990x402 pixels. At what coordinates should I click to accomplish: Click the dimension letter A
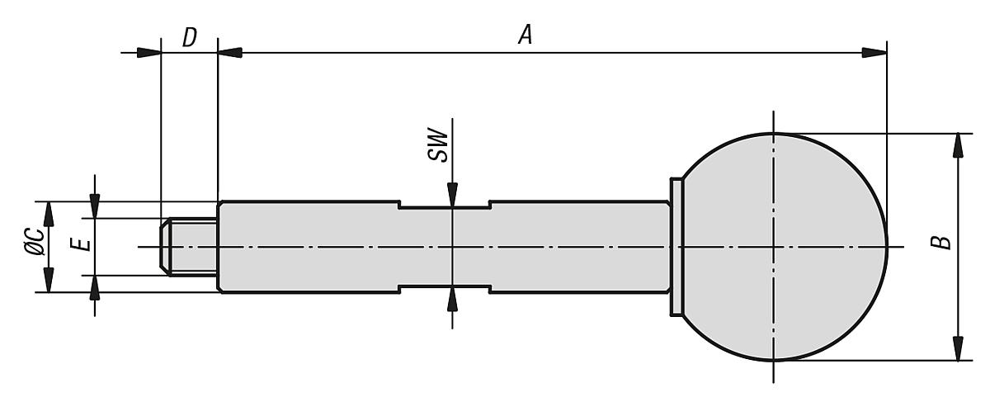point(526,35)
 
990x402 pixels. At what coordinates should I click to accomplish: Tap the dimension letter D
point(190,37)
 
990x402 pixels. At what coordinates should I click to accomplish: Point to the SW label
point(438,144)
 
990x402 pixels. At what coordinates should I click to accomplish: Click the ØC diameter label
point(35,242)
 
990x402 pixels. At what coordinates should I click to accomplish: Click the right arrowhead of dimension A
point(874,53)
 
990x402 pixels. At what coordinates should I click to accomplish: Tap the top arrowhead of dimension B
point(958,145)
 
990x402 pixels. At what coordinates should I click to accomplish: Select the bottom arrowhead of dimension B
point(958,348)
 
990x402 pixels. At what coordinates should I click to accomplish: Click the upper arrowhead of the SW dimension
point(452,195)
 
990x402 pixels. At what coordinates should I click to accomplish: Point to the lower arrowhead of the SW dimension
point(452,299)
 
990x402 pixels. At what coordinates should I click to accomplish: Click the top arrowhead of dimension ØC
point(49,214)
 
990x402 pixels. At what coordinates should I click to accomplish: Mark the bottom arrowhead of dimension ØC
point(49,280)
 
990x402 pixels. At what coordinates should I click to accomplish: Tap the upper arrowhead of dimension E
point(95,206)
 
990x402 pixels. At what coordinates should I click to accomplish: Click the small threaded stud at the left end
point(189,247)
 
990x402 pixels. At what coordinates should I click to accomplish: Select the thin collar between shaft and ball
point(676,247)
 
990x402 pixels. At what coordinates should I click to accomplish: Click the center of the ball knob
point(774,247)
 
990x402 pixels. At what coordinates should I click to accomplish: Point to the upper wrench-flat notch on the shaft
point(445,205)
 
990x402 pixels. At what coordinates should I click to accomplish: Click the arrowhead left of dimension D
point(148,53)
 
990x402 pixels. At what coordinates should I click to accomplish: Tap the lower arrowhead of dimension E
point(95,288)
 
